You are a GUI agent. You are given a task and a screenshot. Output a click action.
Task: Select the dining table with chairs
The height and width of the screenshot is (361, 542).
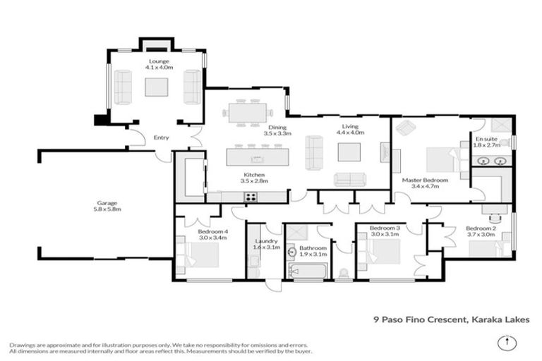click(x=246, y=113)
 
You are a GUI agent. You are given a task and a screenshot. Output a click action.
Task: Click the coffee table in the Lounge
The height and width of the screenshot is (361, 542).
click(x=156, y=87)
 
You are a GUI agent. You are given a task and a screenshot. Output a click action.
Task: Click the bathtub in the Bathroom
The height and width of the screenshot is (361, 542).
click(x=307, y=271)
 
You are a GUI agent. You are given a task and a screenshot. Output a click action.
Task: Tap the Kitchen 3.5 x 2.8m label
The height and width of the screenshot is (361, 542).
click(x=254, y=178)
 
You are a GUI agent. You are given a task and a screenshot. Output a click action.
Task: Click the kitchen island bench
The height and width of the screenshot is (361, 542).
click(x=258, y=156)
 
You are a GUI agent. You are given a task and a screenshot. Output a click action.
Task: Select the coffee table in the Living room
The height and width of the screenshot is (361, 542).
click(x=348, y=152)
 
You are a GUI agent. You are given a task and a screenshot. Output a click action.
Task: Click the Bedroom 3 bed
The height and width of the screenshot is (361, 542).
click(x=380, y=252)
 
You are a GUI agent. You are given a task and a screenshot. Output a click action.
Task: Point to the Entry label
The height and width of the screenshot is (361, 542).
click(x=162, y=137)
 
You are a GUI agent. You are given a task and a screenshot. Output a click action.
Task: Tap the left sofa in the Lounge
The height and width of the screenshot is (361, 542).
click(x=123, y=87)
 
